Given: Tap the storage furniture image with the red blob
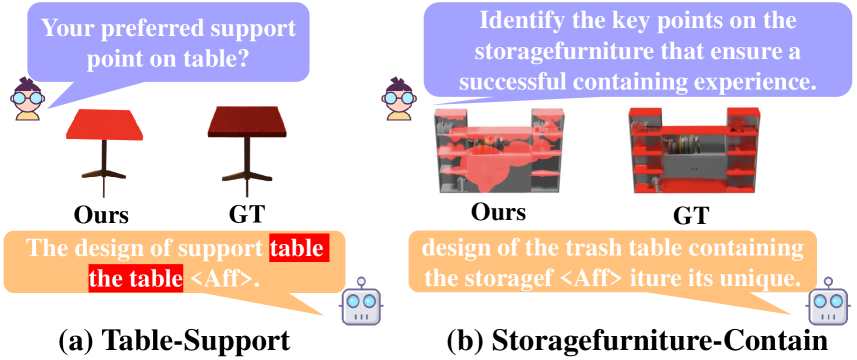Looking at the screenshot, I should point(497,150).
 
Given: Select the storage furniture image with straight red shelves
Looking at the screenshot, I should point(689,147).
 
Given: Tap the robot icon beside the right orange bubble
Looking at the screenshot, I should point(827,304).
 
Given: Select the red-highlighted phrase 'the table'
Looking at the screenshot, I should point(135,278).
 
